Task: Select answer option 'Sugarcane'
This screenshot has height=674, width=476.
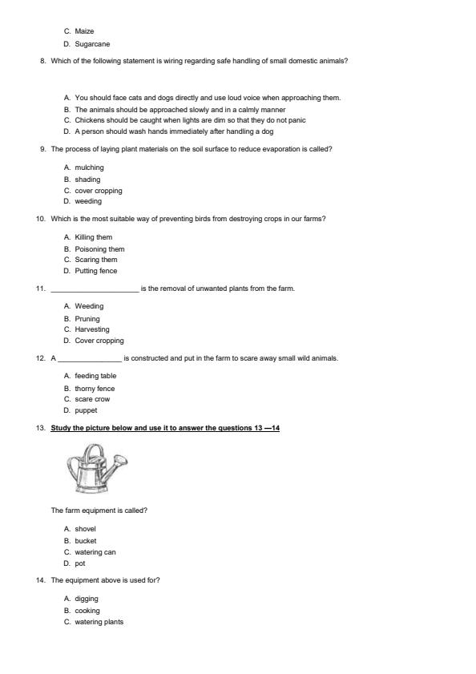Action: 92,44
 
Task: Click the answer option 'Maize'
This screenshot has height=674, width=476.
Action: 84,31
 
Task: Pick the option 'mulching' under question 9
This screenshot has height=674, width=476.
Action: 89,167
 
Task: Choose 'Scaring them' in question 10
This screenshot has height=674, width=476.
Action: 96,260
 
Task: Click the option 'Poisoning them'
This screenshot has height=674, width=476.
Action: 99,249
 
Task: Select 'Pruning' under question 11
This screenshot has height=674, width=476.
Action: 87,319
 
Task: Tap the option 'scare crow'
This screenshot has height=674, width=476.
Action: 92,399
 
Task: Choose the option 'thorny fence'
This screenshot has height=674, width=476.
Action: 95,389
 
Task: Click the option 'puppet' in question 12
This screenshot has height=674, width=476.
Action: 86,410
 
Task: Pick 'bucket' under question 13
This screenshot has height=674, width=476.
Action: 86,541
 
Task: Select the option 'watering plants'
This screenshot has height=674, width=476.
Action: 99,622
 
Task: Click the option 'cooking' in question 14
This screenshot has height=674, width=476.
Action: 87,611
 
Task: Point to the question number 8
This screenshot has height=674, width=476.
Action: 42,61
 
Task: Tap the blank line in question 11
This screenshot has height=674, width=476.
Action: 95,289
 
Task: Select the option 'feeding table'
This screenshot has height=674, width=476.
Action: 95,376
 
